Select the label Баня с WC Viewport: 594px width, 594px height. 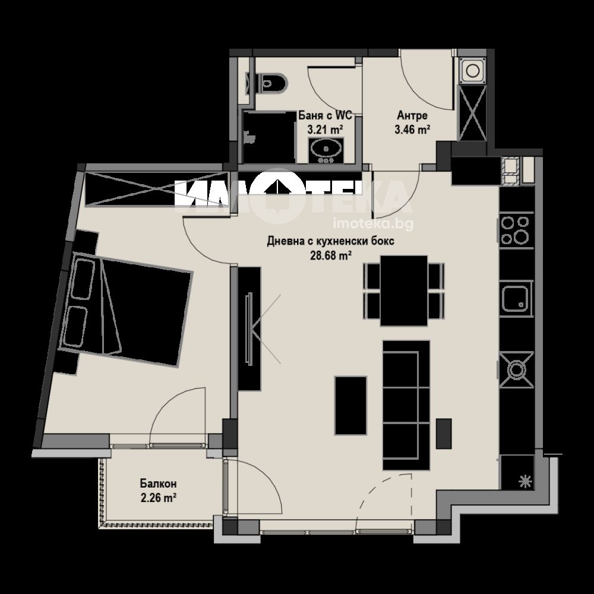pos(326,115)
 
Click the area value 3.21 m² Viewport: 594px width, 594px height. pos(326,130)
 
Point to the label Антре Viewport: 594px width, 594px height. pos(412,115)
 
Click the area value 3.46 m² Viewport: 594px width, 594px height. pos(412,130)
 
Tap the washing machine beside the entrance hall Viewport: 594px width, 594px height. pos(472,71)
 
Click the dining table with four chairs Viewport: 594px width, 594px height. pos(404,290)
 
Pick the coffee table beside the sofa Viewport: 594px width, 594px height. pos(350,405)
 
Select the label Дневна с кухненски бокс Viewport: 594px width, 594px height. pos(330,241)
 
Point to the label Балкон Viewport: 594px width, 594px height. pos(159,484)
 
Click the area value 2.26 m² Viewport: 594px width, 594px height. pos(159,498)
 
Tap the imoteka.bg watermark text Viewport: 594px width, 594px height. pos(373,225)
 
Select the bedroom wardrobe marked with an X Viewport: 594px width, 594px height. pos(157,189)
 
